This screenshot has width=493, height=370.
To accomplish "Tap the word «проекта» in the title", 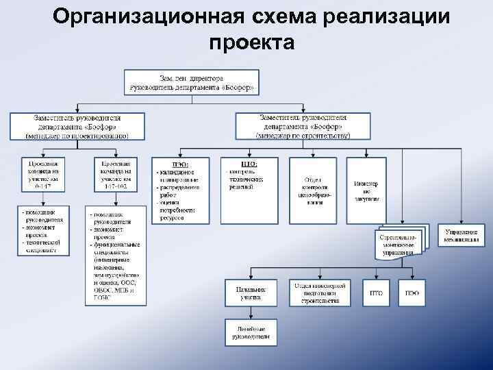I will (252, 42).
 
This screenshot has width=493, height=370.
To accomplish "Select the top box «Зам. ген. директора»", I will (192, 82).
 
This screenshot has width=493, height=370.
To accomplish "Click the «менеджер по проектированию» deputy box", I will (77, 126).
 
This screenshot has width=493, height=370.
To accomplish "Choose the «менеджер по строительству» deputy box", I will (303, 126).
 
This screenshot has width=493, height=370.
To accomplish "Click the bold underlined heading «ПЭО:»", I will (181, 164).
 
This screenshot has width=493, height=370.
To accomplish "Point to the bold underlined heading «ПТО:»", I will (249, 164).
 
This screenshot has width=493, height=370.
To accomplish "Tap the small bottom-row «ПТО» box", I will (377, 293).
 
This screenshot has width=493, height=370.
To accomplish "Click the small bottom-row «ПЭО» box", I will (412, 293).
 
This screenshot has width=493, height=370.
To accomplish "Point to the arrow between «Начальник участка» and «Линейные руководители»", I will (251, 312).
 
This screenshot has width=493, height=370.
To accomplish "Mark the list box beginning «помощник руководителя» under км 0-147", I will (43, 230).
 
